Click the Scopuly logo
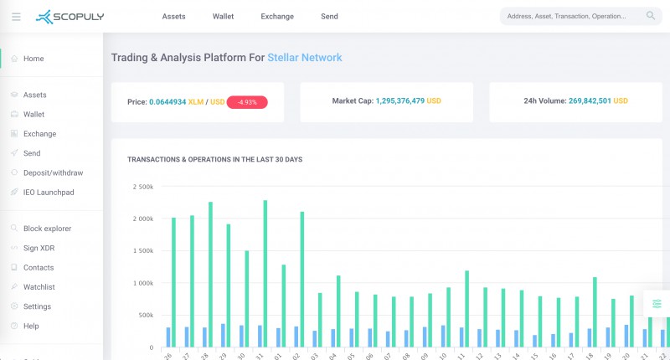coord(70,17)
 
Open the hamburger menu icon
coord(16,17)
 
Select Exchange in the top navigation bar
coord(277,17)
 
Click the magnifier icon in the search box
coord(651,16)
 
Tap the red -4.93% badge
coord(247,102)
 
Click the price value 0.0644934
coord(167,102)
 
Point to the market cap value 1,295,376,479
coord(400,100)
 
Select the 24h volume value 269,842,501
coord(590,100)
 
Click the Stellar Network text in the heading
coord(305,58)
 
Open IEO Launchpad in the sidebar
coord(49,193)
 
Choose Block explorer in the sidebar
coord(48,229)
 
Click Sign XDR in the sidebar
coord(39,248)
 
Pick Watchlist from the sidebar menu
coord(39,287)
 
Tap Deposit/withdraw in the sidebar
coord(54,173)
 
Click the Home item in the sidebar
coord(33,59)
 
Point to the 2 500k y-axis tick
coord(143,187)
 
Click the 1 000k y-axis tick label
coord(143,283)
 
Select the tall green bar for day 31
coord(265,273)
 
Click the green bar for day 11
coord(467,309)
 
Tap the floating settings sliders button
coord(657,304)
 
